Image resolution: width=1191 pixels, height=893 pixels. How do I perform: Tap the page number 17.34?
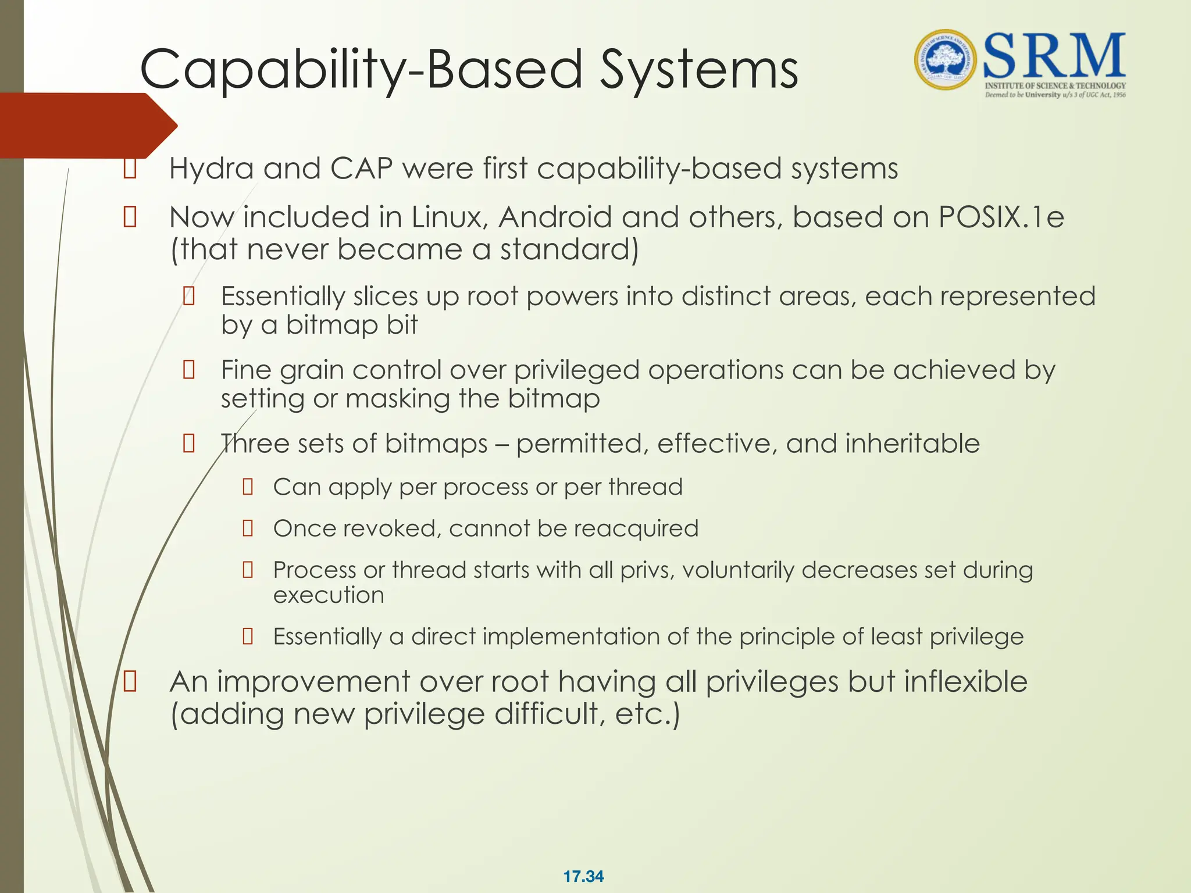(x=583, y=876)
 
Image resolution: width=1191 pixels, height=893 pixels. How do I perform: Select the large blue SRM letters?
(x=1054, y=56)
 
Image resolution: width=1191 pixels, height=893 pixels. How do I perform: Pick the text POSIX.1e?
(x=1001, y=217)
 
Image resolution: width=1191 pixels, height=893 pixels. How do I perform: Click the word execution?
(x=329, y=595)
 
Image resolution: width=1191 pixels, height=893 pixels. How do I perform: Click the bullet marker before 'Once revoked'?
(x=248, y=528)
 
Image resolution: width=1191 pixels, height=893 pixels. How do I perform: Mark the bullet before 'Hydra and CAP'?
(x=130, y=169)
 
